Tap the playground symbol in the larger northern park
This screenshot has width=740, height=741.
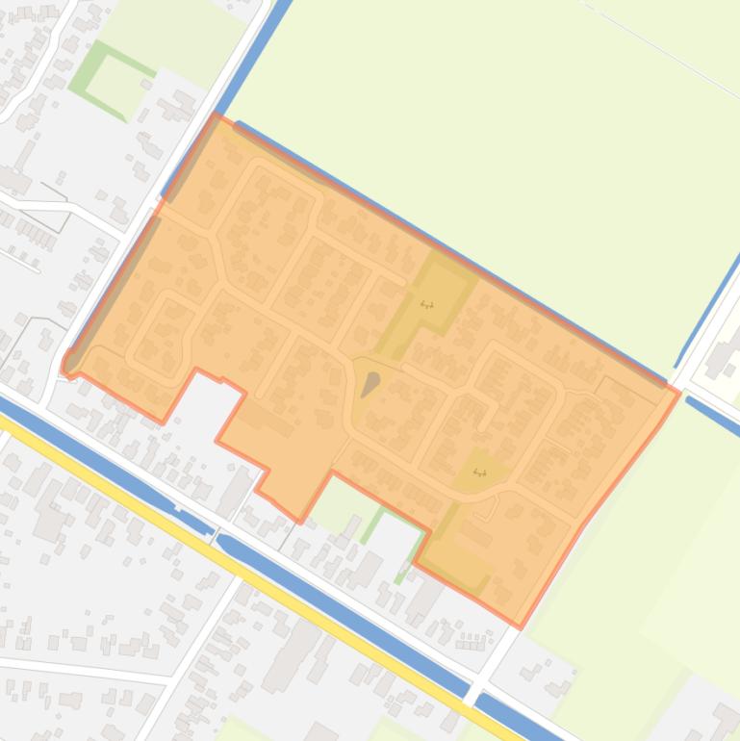pos(427,305)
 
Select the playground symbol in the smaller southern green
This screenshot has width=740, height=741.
pos(479,473)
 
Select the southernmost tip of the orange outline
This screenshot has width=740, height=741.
pos(521,626)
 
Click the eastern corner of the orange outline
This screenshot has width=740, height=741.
pos(679,393)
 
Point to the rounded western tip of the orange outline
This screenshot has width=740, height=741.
pos(65,365)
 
